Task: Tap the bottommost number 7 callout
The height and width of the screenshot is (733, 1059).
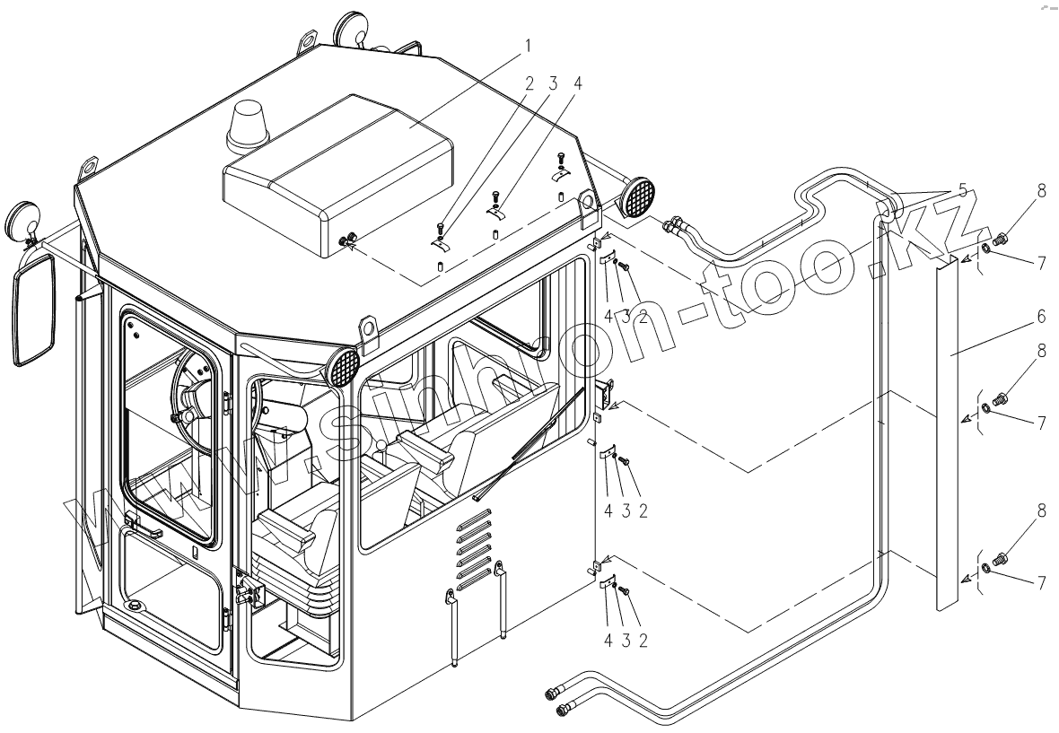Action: pos(1042,582)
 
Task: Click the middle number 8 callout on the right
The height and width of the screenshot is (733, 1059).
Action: pos(1041,353)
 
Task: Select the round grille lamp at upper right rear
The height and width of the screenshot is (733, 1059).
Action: pos(638,197)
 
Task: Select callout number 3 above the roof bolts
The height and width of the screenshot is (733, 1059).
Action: pos(554,83)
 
